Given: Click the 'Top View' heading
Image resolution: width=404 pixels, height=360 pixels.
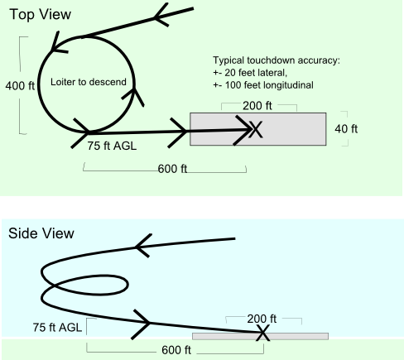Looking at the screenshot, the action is [41, 14].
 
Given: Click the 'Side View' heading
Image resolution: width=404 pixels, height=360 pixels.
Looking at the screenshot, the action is [41, 233].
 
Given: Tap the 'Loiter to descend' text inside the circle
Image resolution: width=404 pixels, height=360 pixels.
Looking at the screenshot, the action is [89, 82].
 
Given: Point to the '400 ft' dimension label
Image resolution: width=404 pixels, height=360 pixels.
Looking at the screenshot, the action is [20, 85].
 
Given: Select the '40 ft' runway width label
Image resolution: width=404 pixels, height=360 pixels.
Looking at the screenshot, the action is [346, 129].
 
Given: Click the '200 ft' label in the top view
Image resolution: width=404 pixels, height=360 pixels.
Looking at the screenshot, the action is [257, 106].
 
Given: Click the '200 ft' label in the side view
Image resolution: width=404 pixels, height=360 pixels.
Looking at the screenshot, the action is [262, 319].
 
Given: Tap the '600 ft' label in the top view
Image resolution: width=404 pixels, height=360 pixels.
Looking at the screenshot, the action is [172, 169].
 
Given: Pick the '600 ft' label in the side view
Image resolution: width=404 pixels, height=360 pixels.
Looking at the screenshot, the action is [176, 350].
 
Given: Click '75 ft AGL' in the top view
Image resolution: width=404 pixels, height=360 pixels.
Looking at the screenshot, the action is [112, 146].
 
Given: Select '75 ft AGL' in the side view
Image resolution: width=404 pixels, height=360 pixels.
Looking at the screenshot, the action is [57, 328].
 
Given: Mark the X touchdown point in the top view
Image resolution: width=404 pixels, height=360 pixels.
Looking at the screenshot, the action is [256, 129].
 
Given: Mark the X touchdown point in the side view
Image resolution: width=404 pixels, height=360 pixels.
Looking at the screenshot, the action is [262, 333].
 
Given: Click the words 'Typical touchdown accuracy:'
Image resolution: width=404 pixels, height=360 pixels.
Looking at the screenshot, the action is [277, 60].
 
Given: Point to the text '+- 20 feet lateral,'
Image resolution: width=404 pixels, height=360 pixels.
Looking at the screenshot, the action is [250, 73].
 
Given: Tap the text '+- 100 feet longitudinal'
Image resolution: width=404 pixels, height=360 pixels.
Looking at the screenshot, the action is [263, 85].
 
